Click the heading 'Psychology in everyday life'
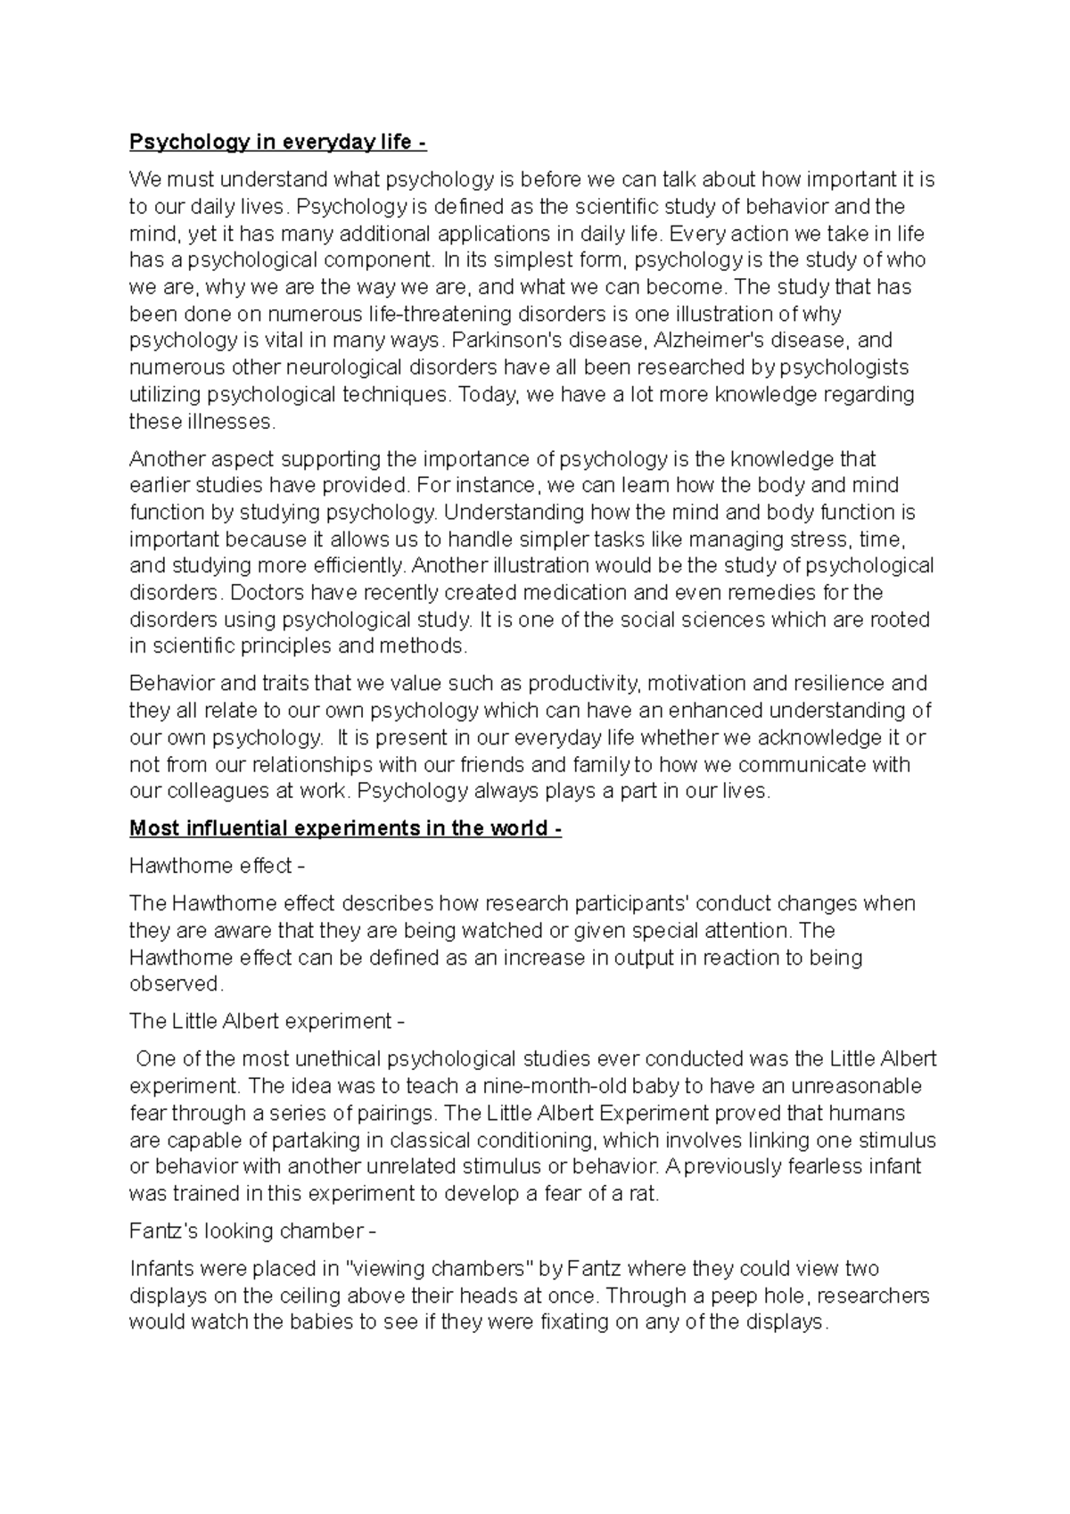click(271, 143)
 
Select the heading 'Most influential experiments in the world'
click(345, 828)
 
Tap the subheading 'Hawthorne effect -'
click(218, 866)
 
